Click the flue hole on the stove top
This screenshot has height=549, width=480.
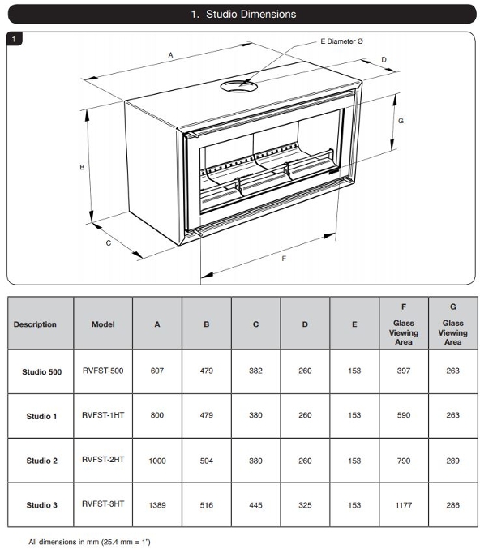coord(238,86)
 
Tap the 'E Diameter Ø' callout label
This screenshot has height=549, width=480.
coord(341,41)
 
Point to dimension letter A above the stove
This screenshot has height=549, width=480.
coord(170,55)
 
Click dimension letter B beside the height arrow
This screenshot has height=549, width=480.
coord(82,167)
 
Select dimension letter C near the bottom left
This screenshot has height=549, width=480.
coord(109,243)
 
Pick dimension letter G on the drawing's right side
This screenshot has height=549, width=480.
coord(401,121)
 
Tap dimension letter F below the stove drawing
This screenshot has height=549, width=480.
coord(284,259)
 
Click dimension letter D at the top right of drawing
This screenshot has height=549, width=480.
coord(384,59)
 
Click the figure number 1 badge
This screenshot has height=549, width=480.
coord(14,38)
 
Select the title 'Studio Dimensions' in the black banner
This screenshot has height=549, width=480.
coord(251,14)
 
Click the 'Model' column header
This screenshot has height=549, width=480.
coord(103,324)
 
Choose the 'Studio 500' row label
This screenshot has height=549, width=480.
coord(41,372)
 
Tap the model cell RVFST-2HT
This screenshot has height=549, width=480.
coord(103,459)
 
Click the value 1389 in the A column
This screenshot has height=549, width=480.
coord(157,505)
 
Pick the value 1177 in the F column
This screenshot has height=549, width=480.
coord(404,505)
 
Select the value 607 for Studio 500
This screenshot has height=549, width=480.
coord(157,371)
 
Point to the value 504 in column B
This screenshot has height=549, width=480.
coord(207,461)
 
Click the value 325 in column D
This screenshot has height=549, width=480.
coord(305,505)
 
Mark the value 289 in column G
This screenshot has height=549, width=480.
coord(452,461)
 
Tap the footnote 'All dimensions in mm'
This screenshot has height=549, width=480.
coord(64,542)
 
